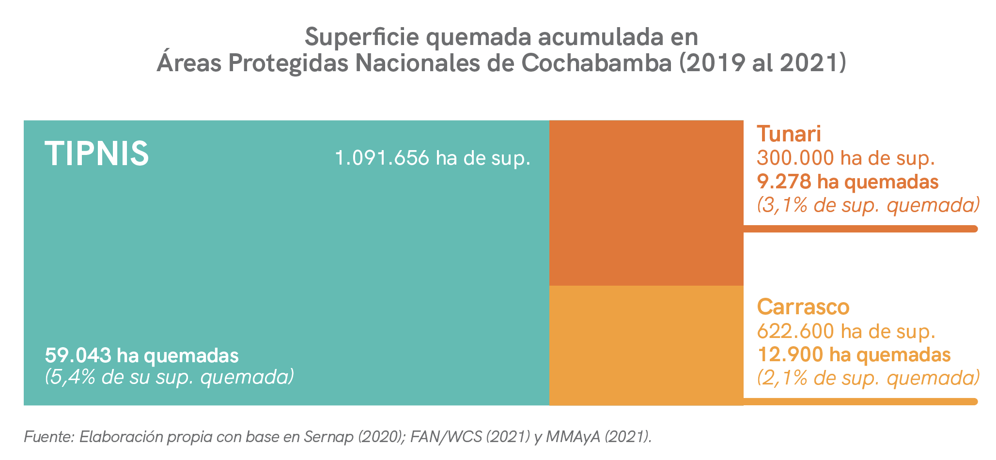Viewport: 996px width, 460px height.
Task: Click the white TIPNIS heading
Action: pyautogui.click(x=97, y=153)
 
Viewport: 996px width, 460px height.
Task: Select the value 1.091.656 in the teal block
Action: pyautogui.click(x=382, y=158)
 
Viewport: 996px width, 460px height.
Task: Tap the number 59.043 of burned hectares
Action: pyautogui.click(x=78, y=356)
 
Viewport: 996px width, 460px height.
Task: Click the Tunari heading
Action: pyautogui.click(x=789, y=134)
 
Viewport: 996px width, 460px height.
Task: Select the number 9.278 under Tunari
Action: pyautogui.click(x=784, y=182)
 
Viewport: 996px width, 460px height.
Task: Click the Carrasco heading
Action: pyautogui.click(x=803, y=307)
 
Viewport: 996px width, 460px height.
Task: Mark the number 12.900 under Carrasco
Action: pyautogui.click(x=790, y=355)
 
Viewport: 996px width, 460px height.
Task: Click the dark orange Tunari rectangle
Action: pyautogui.click(x=646, y=203)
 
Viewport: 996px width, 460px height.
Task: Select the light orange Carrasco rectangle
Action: pyautogui.click(x=646, y=345)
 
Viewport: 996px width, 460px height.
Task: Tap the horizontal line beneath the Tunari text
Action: pyautogui.click(x=860, y=229)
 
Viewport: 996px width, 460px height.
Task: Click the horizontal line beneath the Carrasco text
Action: pyautogui.click(x=860, y=401)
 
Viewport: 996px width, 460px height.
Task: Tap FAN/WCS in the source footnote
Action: pyautogui.click(x=446, y=437)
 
